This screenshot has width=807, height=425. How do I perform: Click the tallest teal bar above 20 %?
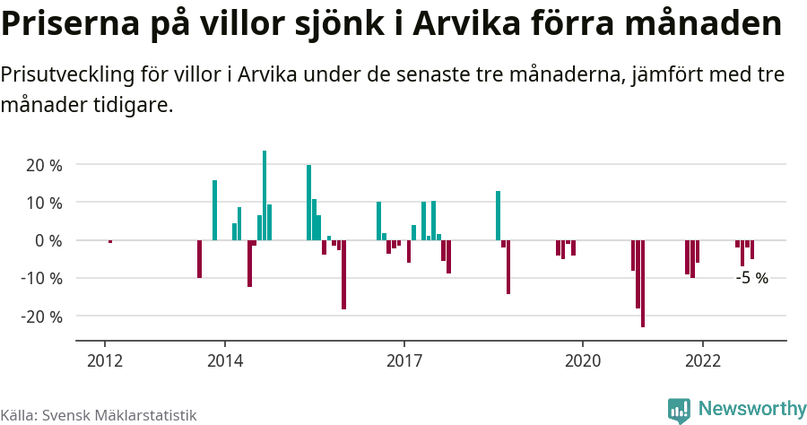click(x=265, y=195)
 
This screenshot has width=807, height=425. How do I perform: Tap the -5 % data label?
click(x=751, y=278)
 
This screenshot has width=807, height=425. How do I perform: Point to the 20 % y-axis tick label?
click(x=44, y=165)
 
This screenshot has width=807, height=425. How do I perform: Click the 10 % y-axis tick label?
click(x=44, y=203)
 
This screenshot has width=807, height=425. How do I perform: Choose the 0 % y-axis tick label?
click(x=48, y=240)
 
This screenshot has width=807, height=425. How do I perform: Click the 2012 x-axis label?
click(x=105, y=360)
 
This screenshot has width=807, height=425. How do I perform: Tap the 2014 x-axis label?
click(x=225, y=360)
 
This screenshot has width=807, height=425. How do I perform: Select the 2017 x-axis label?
click(x=404, y=360)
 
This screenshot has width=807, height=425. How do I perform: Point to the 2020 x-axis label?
click(x=583, y=360)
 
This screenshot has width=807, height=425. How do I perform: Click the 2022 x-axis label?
click(x=702, y=360)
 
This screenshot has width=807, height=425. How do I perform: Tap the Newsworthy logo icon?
click(x=679, y=410)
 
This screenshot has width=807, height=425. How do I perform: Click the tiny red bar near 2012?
click(x=110, y=241)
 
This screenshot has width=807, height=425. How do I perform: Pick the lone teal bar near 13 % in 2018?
click(x=498, y=215)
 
